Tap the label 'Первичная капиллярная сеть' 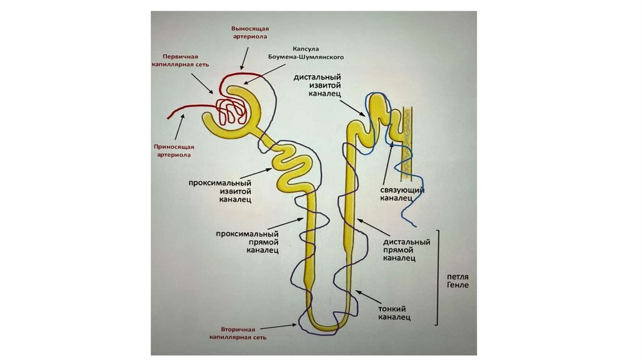[182, 60]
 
